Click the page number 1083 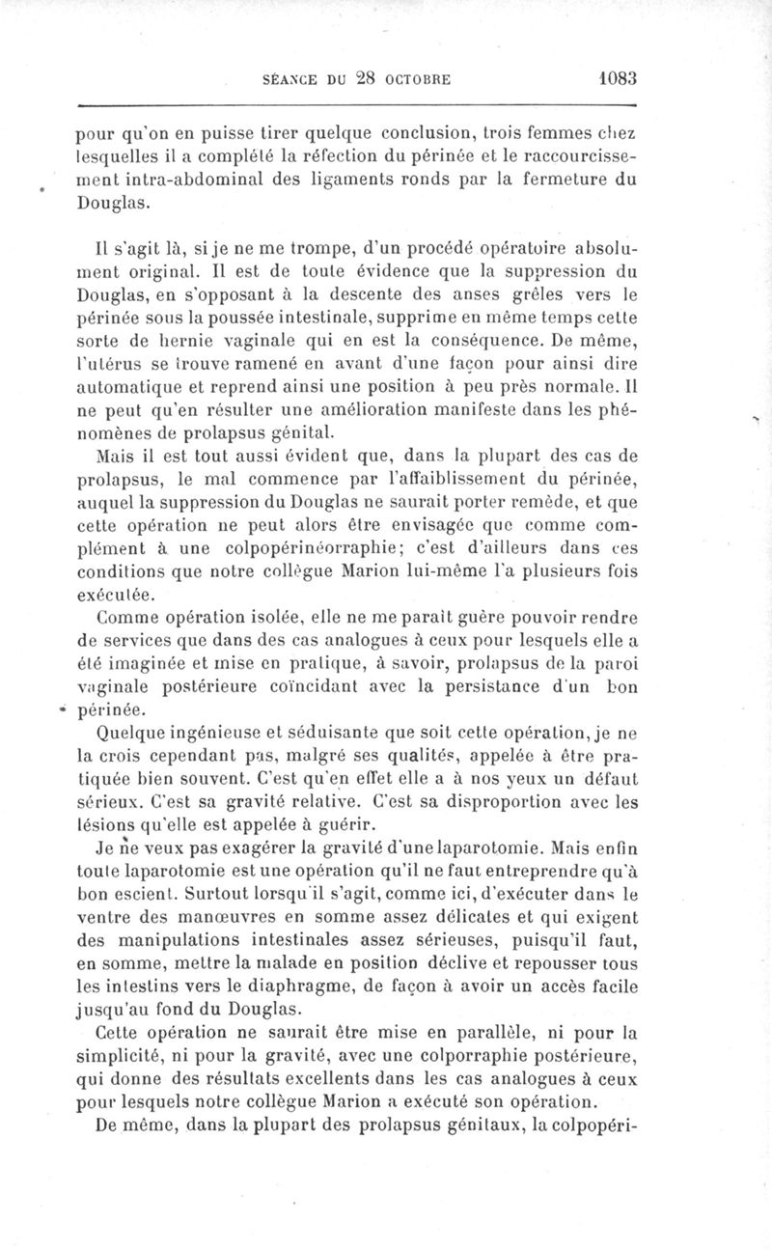[x=613, y=78]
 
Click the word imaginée [x=133, y=662]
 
